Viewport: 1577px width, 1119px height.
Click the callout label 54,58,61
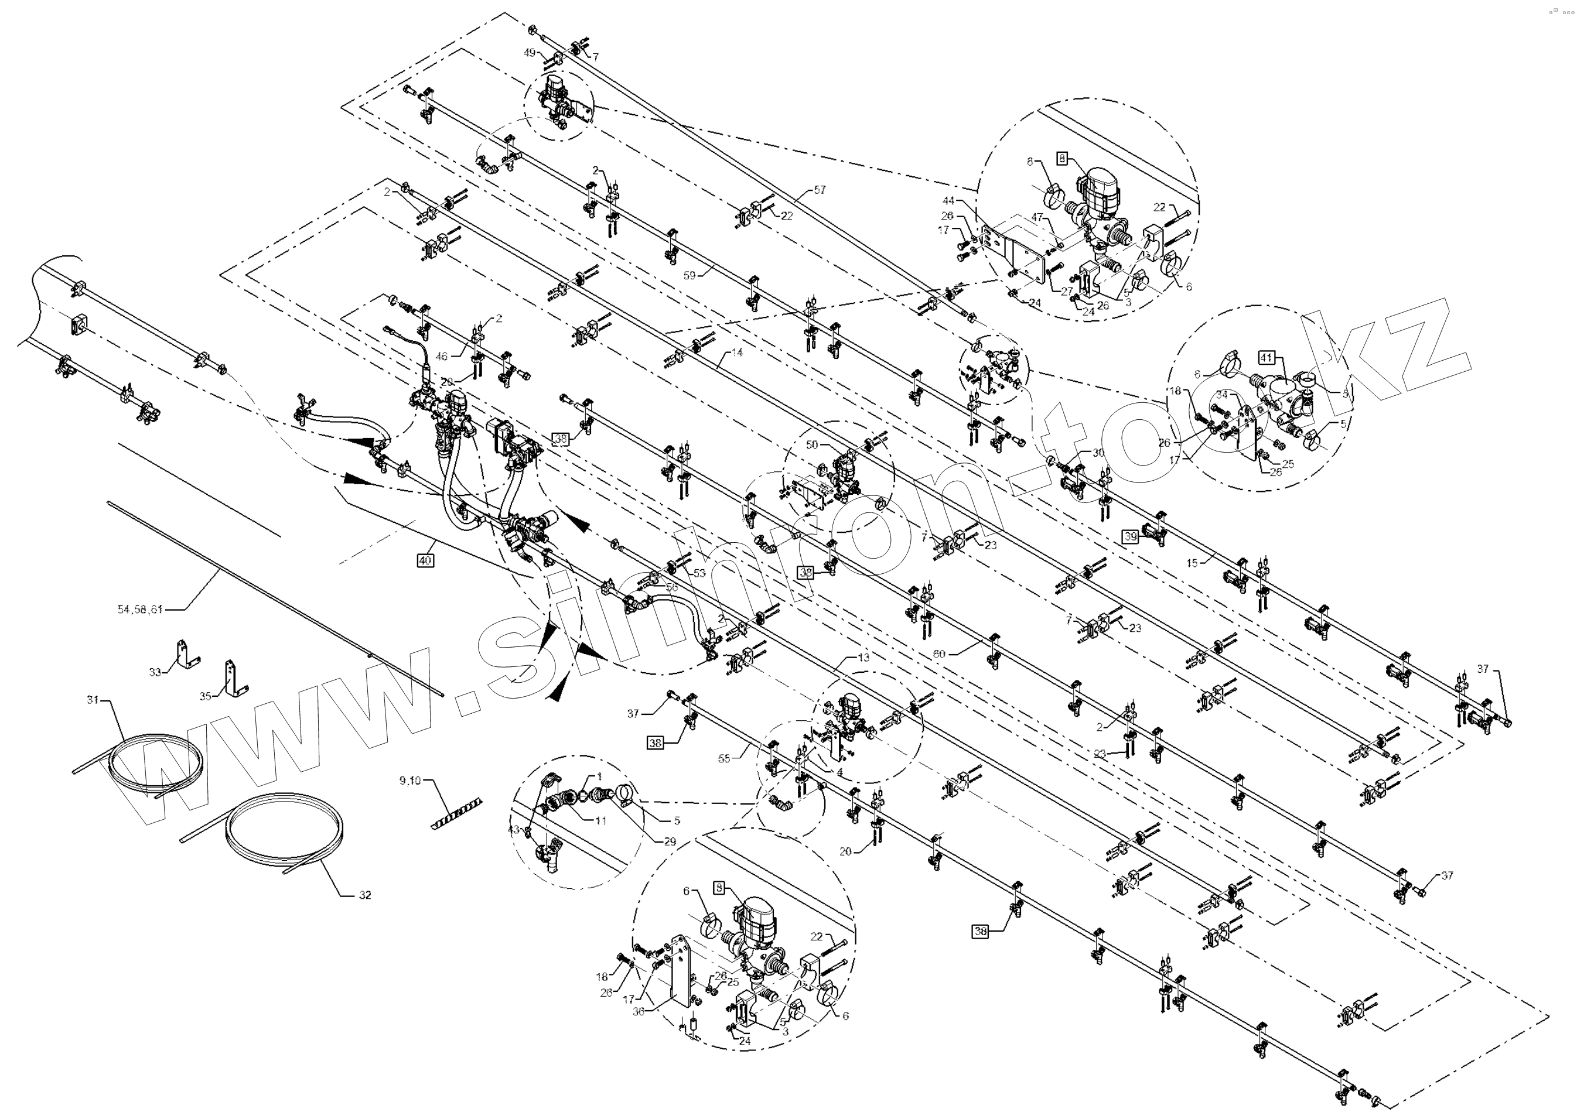point(141,609)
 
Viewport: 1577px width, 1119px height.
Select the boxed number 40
point(425,560)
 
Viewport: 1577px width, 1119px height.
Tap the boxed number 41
point(1266,358)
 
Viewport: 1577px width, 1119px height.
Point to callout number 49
point(530,52)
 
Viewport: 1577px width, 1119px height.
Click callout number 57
point(820,190)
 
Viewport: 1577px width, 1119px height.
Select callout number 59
point(689,275)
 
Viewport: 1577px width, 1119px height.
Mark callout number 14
point(738,352)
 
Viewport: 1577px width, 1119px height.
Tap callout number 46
point(442,356)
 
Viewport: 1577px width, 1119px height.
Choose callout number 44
point(948,200)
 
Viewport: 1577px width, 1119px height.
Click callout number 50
point(811,444)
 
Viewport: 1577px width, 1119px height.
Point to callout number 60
point(938,654)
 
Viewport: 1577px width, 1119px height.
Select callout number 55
point(723,758)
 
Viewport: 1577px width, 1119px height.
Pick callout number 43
point(513,830)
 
